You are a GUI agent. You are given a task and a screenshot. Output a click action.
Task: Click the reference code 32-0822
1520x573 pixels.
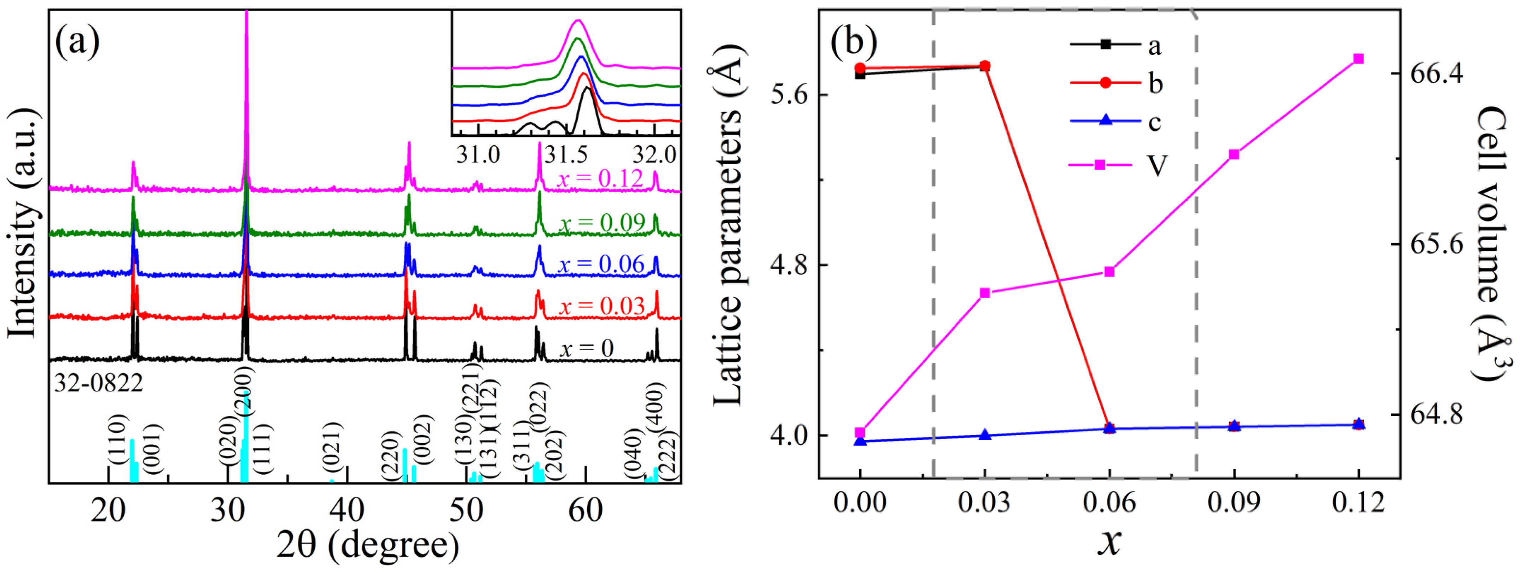point(99,384)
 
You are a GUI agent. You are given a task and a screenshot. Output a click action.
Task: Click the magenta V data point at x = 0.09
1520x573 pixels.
point(1234,154)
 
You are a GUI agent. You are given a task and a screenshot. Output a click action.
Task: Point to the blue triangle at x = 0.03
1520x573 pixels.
point(984,435)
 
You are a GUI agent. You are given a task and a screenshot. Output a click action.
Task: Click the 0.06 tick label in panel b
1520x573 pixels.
point(1109,503)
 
